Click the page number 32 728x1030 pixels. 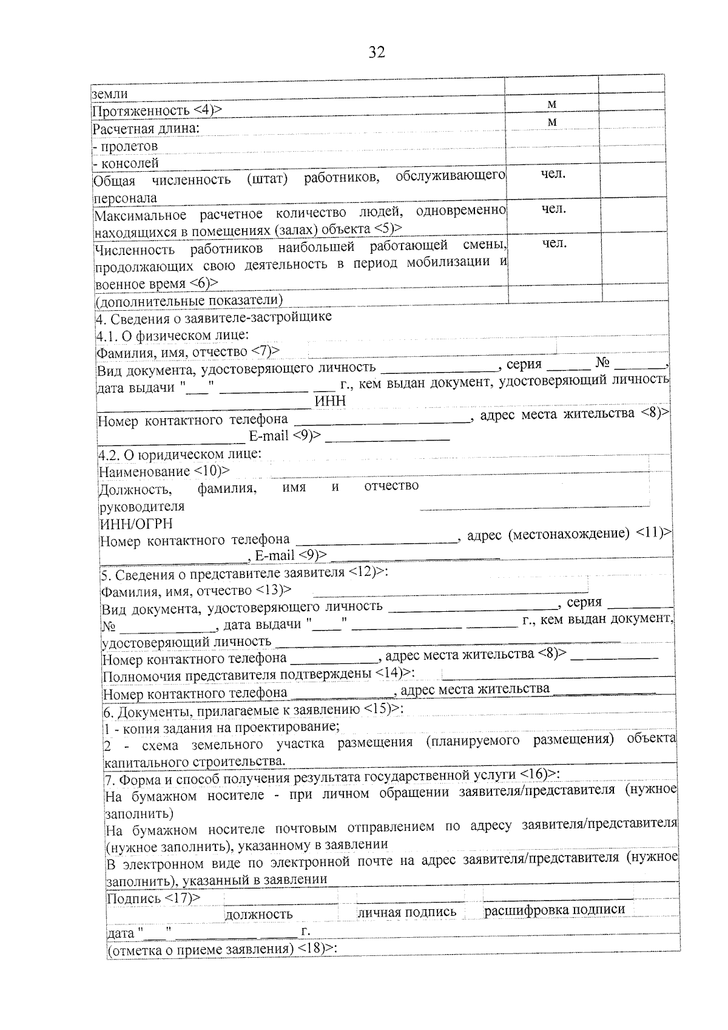click(376, 53)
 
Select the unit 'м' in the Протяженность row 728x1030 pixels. click(551, 104)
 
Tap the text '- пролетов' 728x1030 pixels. click(125, 146)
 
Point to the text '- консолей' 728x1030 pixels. click(126, 163)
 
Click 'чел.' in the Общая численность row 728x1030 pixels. click(553, 175)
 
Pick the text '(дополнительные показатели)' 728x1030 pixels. click(189, 300)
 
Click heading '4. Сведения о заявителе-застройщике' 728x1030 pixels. click(214, 317)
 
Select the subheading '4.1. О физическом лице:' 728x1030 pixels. click(172, 335)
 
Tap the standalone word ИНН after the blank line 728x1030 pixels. click(330, 401)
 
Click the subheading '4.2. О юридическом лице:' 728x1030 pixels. click(180, 455)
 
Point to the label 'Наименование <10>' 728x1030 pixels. click(164, 472)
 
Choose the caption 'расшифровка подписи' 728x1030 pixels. click(554, 910)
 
